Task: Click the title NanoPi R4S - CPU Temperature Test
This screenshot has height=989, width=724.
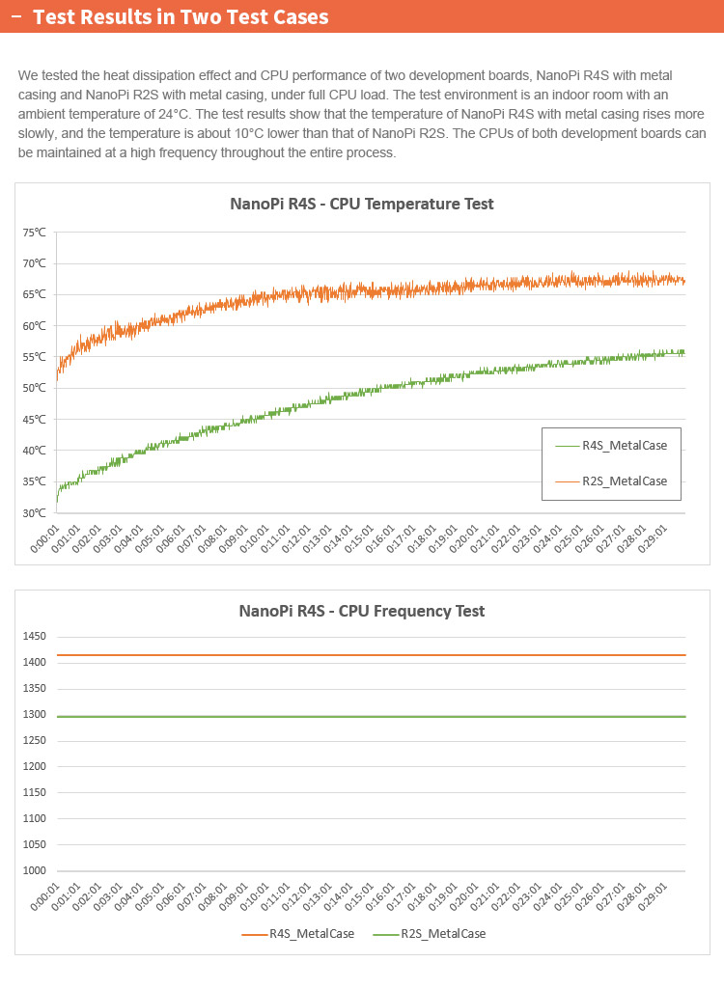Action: click(x=362, y=204)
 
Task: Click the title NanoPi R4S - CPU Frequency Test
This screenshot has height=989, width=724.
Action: click(x=362, y=611)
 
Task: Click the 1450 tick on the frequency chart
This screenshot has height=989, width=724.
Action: click(x=35, y=637)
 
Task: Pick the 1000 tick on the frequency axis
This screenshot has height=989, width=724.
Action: click(x=35, y=871)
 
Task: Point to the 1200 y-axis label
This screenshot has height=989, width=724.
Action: click(x=35, y=767)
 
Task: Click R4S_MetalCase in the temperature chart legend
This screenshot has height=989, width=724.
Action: click(x=624, y=446)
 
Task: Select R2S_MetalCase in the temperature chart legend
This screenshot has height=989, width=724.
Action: click(x=624, y=481)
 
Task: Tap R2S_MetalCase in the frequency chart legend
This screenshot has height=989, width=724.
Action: click(x=442, y=934)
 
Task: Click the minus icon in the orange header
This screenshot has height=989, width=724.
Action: click(x=15, y=17)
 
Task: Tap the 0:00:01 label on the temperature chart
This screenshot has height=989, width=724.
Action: click(x=46, y=539)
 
